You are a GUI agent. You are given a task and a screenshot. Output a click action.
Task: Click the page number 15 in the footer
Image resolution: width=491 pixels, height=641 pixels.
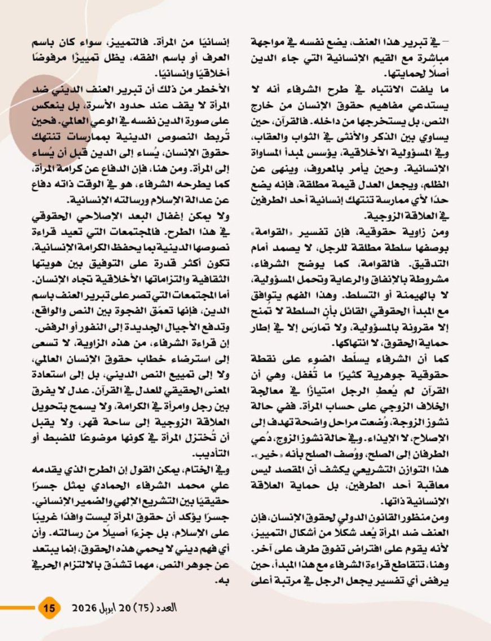[49, 608]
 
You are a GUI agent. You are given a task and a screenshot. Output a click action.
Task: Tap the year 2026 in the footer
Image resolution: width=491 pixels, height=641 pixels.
[85, 608]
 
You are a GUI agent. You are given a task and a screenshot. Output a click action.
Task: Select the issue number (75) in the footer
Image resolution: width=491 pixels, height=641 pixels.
[147, 608]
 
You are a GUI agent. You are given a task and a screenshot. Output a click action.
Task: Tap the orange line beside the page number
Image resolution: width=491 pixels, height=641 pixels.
[17, 608]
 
